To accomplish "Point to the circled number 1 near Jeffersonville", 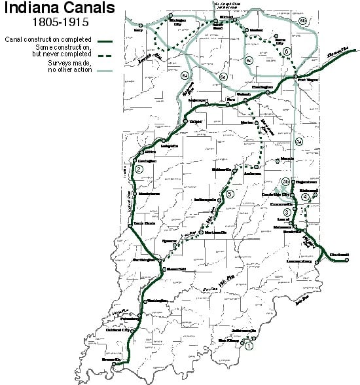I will coord(248,347).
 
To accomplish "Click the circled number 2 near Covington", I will coord(139,170).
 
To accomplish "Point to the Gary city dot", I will coord(140,25).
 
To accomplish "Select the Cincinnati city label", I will coord(338,254).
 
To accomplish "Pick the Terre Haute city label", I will coord(143,223).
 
